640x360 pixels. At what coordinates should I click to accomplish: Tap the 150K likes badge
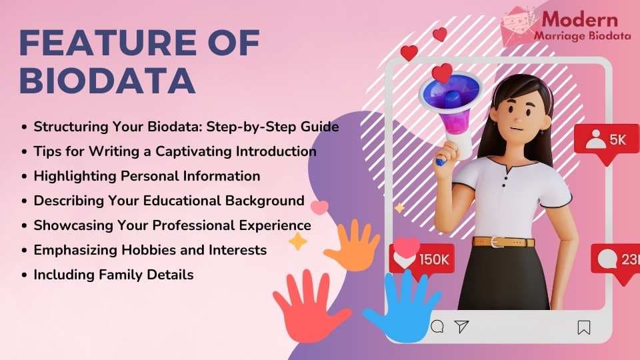pos(421,258)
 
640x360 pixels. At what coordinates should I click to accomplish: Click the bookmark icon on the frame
pos(583,327)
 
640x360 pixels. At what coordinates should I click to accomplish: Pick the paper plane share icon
pos(461,326)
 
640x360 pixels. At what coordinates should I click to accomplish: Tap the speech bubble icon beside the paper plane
pos(437,326)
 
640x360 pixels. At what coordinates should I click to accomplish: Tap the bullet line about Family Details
pos(113,274)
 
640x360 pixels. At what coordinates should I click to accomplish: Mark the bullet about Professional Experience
pos(172,225)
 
